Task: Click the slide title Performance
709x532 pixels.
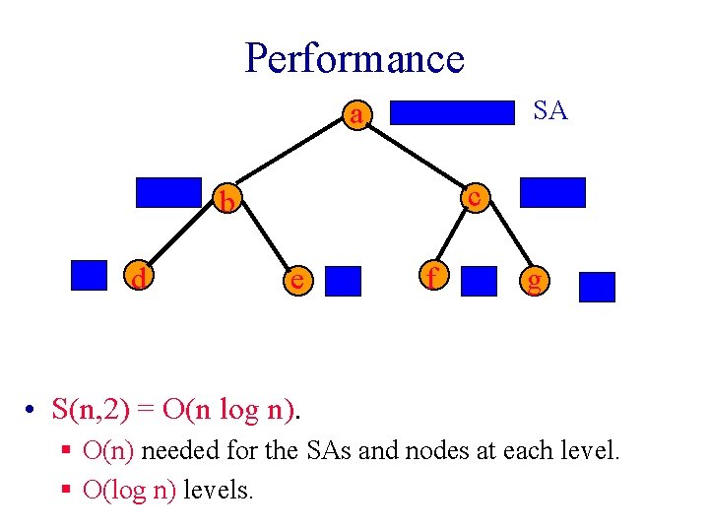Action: click(354, 58)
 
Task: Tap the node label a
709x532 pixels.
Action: click(356, 116)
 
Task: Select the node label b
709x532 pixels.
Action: click(227, 202)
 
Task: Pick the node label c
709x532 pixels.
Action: click(474, 197)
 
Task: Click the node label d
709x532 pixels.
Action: click(140, 280)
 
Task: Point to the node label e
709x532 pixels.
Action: click(294, 280)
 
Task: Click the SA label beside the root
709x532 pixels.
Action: click(549, 111)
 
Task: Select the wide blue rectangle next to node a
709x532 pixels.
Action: click(454, 111)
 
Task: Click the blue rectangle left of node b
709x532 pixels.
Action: click(167, 192)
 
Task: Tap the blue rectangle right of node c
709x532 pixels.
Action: click(551, 192)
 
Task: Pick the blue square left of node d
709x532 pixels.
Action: click(89, 275)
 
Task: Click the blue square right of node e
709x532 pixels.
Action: click(343, 281)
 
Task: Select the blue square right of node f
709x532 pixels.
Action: click(480, 281)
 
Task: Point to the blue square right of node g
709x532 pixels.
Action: click(597, 287)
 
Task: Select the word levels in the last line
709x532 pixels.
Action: click(218, 489)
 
